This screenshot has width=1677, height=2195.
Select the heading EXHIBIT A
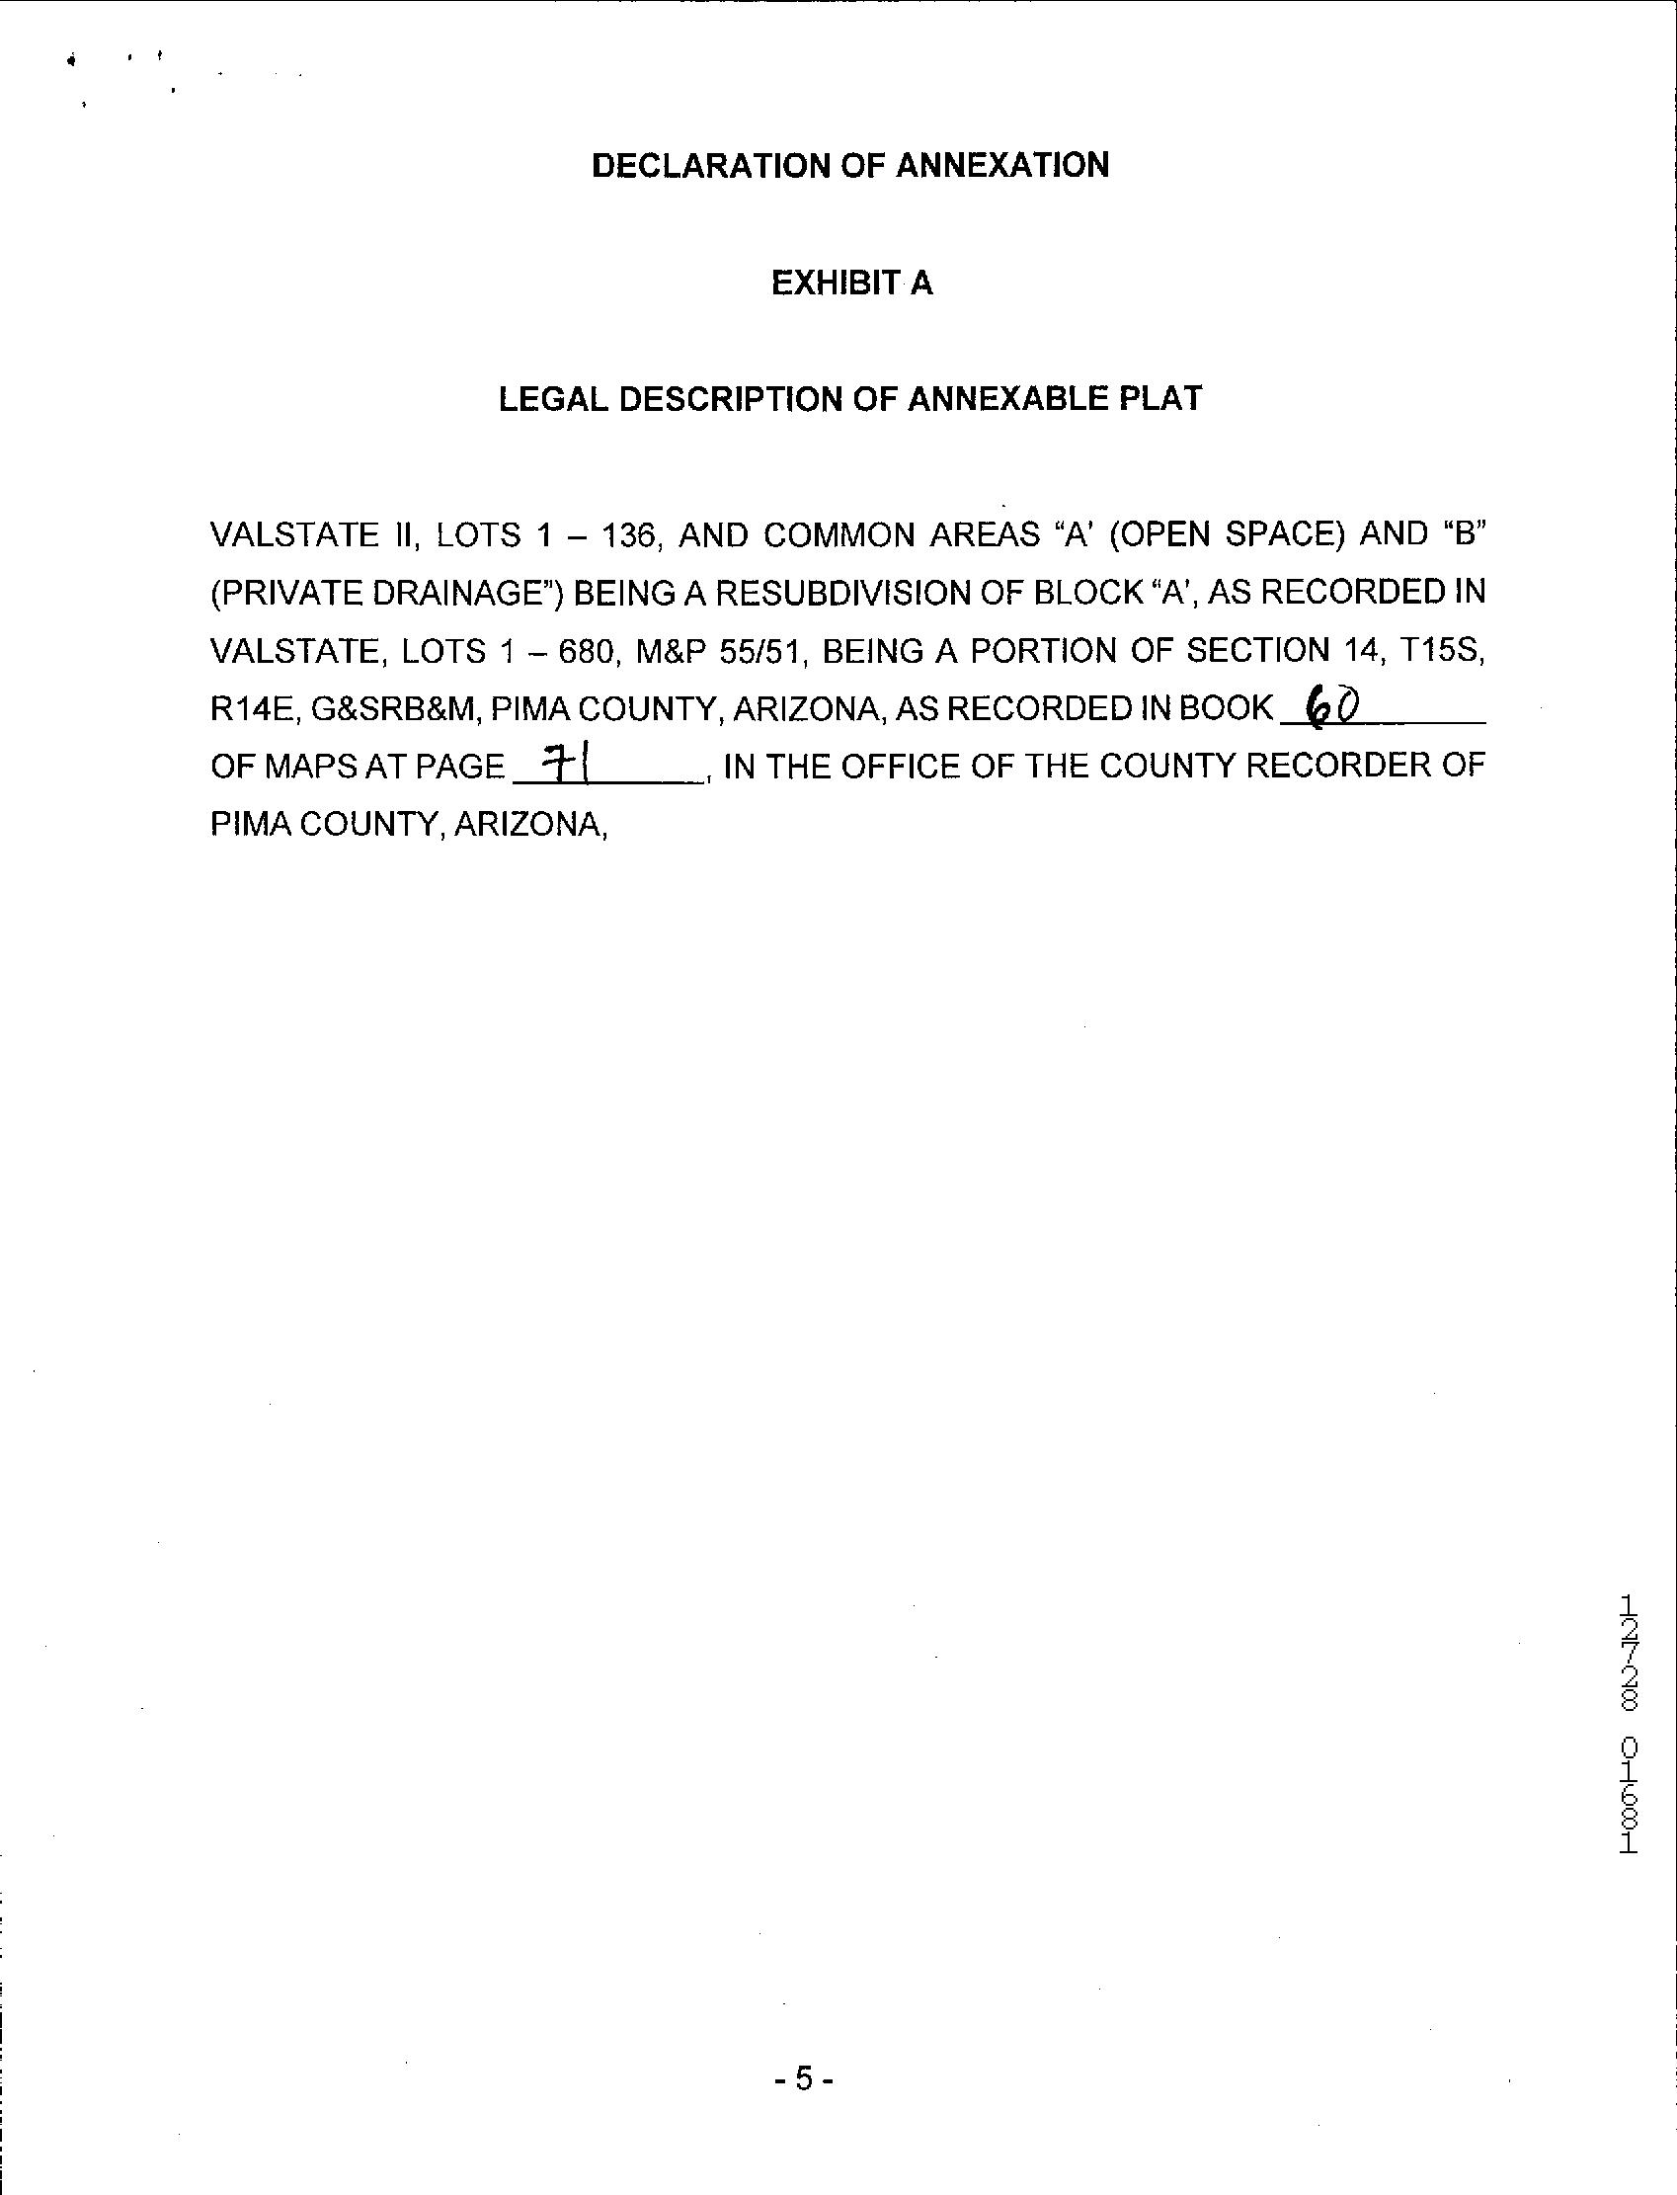tap(851, 284)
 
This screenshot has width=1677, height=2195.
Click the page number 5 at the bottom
tap(804, 2079)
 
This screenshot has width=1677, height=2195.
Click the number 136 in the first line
tap(626, 535)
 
